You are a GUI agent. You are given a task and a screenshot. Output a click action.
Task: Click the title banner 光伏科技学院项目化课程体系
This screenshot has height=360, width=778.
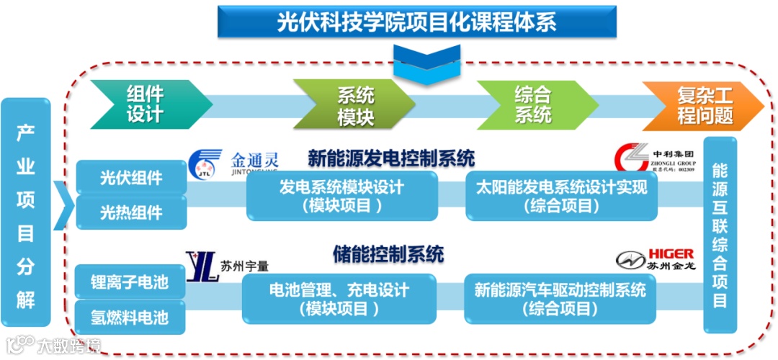click(x=416, y=22)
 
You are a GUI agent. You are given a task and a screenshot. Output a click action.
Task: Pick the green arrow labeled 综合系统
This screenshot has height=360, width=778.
click(x=534, y=104)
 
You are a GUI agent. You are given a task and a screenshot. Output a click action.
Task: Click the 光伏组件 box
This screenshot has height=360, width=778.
click(x=131, y=178)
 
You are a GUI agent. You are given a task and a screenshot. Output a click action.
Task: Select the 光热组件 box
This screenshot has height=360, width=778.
click(x=131, y=212)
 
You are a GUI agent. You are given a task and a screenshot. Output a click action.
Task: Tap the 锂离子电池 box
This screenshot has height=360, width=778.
click(x=130, y=282)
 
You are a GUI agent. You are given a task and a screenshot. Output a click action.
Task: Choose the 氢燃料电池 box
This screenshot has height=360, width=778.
click(x=130, y=317)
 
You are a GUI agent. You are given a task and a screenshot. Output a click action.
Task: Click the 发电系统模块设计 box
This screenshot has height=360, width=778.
click(x=341, y=196)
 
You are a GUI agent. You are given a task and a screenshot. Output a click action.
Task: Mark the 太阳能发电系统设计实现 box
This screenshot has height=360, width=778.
click(x=561, y=196)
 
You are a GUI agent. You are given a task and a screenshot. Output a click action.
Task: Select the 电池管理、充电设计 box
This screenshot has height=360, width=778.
click(x=339, y=299)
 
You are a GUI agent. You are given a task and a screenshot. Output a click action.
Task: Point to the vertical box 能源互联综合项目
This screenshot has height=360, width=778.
click(x=720, y=234)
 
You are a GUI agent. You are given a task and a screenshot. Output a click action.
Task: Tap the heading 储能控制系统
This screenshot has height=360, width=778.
click(x=388, y=254)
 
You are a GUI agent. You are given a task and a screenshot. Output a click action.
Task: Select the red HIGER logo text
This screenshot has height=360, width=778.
click(x=670, y=253)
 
